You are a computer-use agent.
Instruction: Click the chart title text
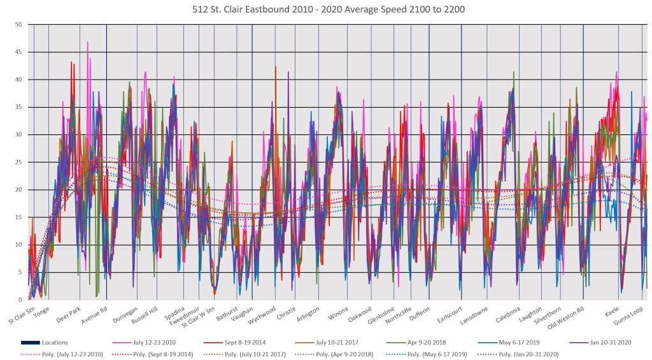[326, 9]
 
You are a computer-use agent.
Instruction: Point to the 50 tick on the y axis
[18, 24]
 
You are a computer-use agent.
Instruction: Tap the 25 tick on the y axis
[18, 162]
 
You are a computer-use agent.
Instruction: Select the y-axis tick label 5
[20, 272]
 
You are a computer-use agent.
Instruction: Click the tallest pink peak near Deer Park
[87, 43]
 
